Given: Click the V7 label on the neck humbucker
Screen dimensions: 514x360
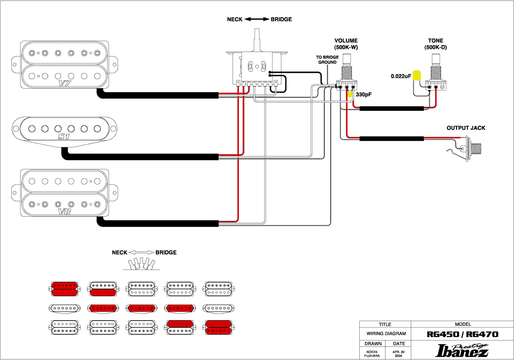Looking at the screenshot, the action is click(x=65, y=83).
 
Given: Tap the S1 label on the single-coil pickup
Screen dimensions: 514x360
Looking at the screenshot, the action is click(x=64, y=136).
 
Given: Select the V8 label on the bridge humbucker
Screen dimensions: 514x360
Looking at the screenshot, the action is click(x=65, y=211).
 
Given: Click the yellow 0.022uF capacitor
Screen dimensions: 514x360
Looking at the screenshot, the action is click(x=417, y=76).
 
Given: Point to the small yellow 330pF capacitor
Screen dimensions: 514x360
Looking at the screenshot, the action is click(x=350, y=95).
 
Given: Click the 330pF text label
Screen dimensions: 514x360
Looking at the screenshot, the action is click(x=364, y=95).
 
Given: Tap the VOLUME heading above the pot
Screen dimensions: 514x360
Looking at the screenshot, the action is click(x=346, y=41).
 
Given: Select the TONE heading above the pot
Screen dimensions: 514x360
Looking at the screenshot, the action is click(x=436, y=41).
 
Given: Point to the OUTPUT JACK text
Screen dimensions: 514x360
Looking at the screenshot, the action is click(x=466, y=128).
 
